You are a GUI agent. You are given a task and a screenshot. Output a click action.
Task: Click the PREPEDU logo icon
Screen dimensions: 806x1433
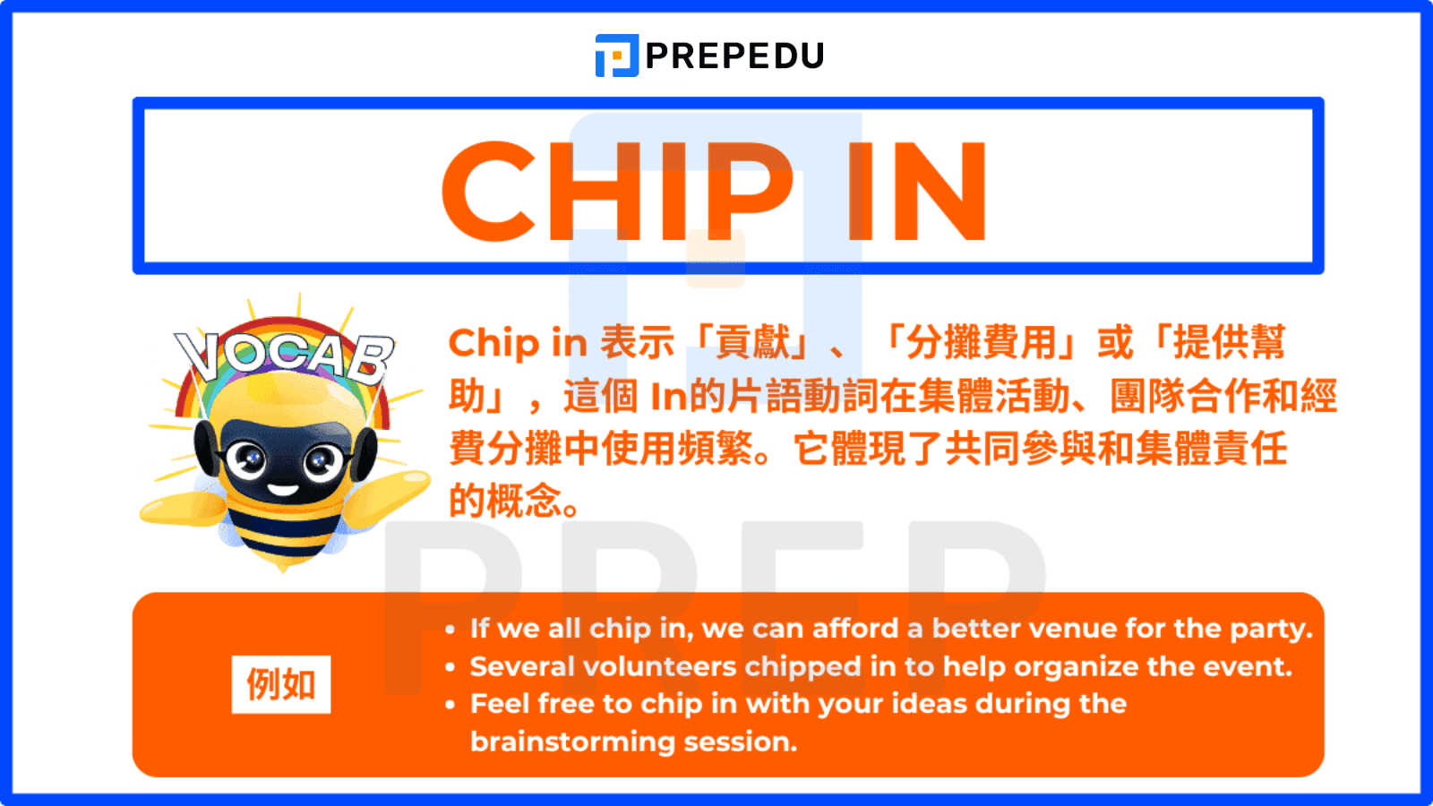click(616, 56)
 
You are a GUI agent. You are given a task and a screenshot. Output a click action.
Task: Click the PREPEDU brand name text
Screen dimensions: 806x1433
click(734, 56)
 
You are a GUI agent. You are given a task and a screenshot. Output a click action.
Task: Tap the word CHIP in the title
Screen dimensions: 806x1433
click(618, 192)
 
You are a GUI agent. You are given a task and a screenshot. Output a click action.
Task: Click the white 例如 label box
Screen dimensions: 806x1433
click(281, 685)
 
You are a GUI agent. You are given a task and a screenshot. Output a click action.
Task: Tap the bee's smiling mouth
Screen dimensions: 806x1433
click(283, 490)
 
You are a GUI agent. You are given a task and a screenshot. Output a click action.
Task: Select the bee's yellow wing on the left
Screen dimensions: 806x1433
click(179, 510)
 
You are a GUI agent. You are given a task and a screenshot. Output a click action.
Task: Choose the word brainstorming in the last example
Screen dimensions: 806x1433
click(572, 742)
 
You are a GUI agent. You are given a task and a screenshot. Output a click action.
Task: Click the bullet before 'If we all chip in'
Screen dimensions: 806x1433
click(450, 630)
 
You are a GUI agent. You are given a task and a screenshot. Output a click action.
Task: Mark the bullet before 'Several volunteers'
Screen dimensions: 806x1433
click(450, 668)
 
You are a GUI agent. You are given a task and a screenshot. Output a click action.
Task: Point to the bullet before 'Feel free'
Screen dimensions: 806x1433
click(450, 706)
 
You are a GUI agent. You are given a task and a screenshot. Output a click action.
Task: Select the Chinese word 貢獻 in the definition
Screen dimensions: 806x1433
click(754, 343)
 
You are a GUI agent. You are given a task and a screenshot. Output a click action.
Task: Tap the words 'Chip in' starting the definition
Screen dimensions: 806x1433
click(517, 343)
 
